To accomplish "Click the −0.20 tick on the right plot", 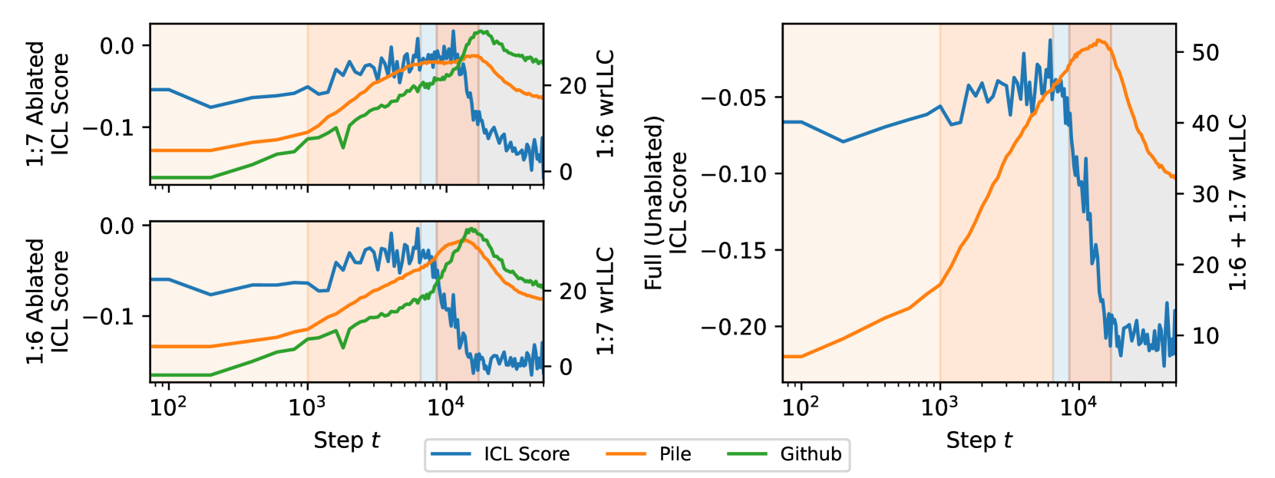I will tap(733, 327).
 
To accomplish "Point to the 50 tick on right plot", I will tap(1205, 52).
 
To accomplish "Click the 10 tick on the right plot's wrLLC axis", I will tap(1205, 335).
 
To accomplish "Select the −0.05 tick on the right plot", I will tap(733, 97).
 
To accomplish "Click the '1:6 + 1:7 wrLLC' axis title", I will tap(1238, 203).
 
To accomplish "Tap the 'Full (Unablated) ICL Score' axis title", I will tap(665, 203).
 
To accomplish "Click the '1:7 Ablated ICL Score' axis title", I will tap(47, 104).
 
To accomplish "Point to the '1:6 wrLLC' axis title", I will tap(606, 104).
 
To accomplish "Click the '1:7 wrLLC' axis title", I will tap(606, 301).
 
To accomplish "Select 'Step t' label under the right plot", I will tap(979, 440).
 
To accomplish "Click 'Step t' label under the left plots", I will tap(346, 440).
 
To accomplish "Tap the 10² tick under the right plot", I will tap(801, 407).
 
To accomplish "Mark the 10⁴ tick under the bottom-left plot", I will tap(446, 407).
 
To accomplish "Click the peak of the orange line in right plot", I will tap(1100, 40).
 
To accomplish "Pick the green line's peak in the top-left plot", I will tap(482, 31).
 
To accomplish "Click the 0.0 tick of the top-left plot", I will tap(117, 46).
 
